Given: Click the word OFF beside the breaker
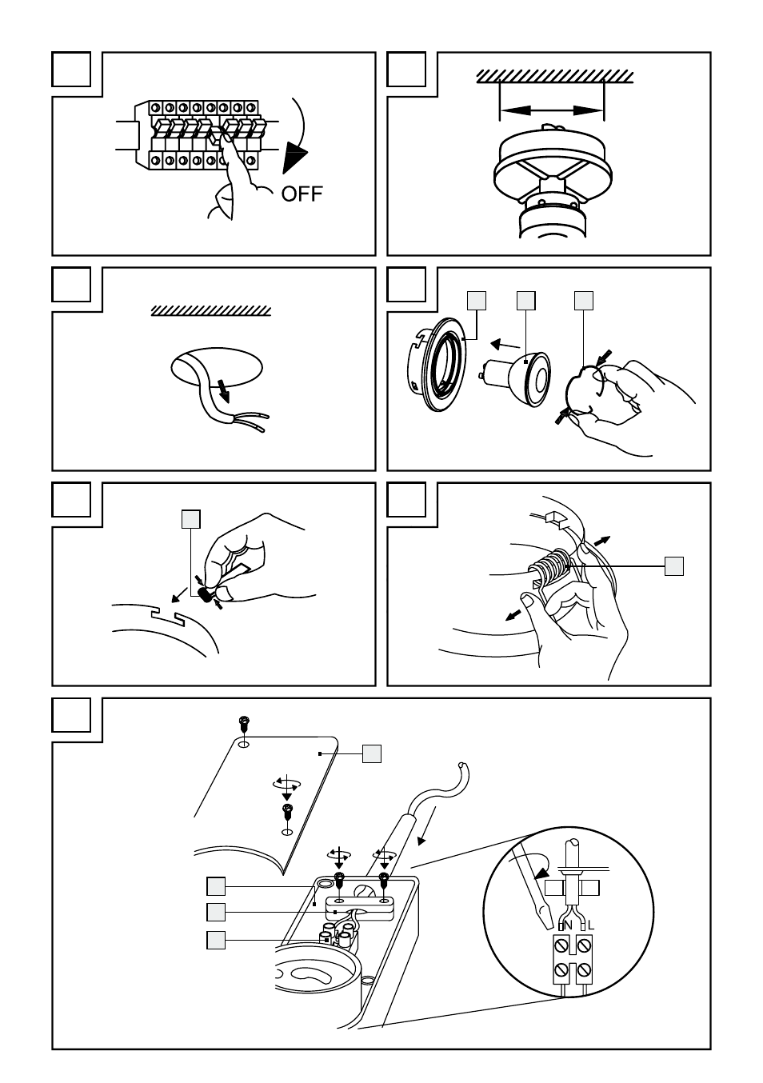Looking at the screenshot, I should coord(302,193).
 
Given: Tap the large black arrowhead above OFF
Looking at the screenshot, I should coord(296,154).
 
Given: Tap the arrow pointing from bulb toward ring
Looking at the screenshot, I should coord(503,345).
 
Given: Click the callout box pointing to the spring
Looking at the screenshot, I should coord(674,566).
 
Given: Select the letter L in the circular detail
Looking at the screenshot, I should coord(591,925).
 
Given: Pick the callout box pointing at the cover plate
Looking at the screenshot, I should coord(371,753).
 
